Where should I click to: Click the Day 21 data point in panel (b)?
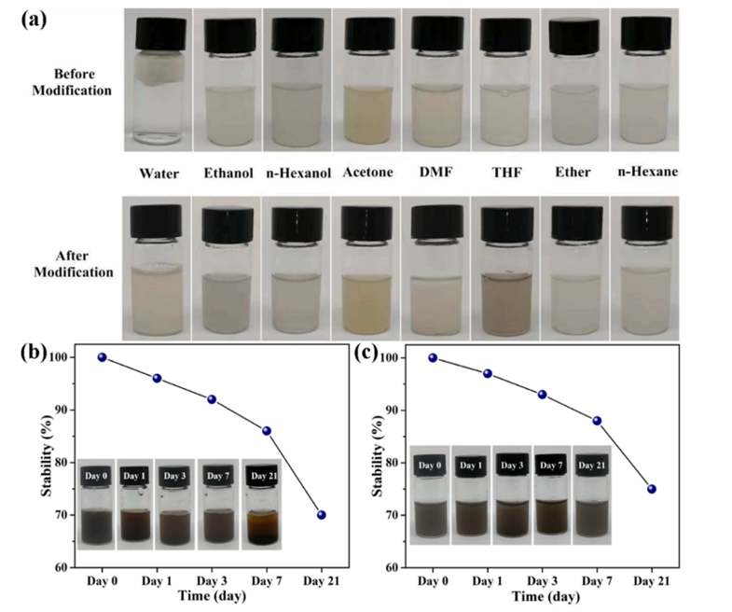click(x=322, y=515)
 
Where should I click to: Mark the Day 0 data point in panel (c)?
click(x=433, y=357)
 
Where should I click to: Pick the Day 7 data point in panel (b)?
click(x=267, y=431)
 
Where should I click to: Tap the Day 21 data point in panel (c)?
click(x=652, y=489)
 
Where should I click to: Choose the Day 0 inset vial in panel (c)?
click(x=430, y=499)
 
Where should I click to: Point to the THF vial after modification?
click(x=505, y=271)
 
